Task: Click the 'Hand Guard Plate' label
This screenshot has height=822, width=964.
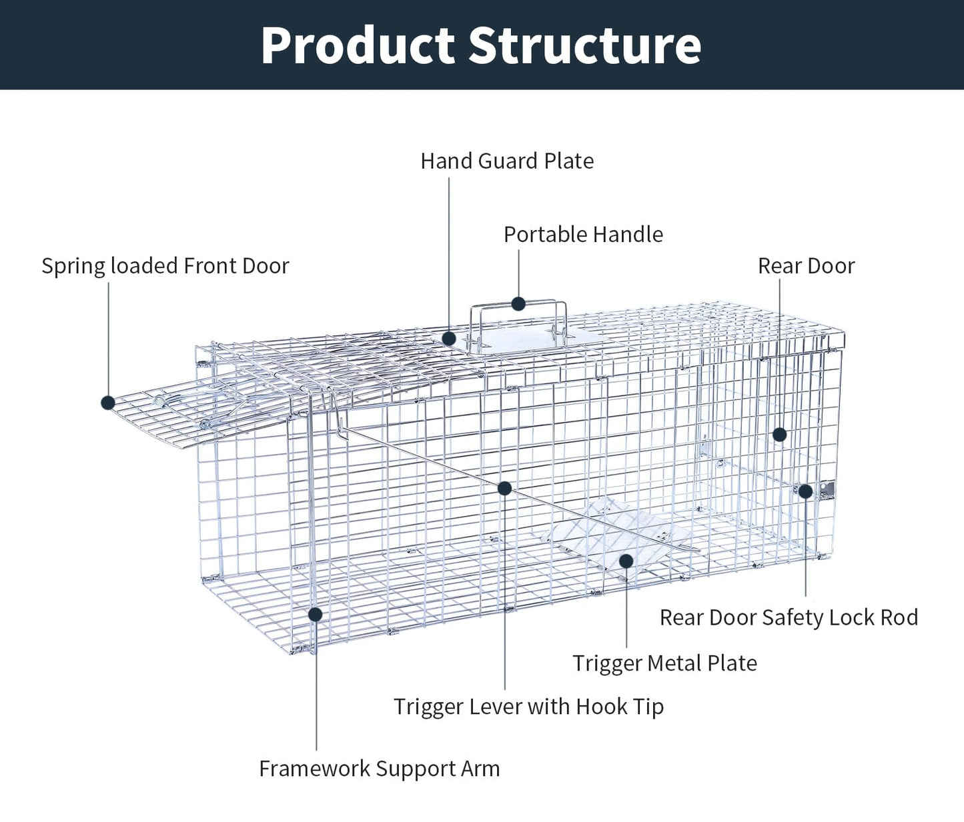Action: (507, 161)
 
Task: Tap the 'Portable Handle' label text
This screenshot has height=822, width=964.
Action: (583, 235)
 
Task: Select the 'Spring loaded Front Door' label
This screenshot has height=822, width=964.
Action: (165, 266)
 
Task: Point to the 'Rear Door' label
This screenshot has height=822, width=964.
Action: (806, 266)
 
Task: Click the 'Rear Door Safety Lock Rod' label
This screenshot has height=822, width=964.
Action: (789, 618)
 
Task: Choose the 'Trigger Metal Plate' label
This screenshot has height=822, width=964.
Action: (664, 663)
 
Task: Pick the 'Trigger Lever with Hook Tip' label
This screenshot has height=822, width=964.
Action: (528, 707)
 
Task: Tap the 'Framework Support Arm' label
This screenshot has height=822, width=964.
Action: (379, 769)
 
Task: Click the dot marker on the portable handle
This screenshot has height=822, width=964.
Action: (518, 304)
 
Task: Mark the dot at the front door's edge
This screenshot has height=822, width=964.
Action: (108, 403)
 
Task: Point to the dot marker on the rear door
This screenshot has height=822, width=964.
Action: (779, 435)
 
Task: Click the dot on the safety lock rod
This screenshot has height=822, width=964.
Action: (805, 491)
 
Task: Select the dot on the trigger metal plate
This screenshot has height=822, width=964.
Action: (626, 561)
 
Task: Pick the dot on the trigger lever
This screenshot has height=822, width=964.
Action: (504, 488)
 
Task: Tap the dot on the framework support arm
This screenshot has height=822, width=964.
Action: (316, 614)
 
